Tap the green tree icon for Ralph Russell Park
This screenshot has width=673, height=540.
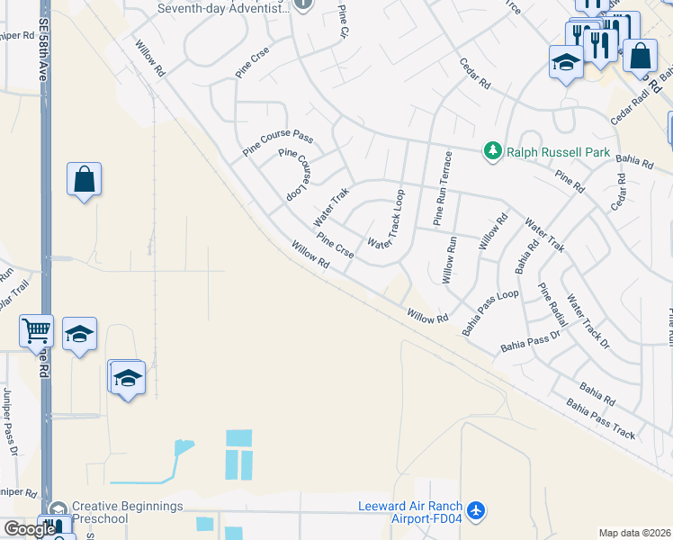[492, 151]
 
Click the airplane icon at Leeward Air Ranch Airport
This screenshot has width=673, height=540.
[476, 511]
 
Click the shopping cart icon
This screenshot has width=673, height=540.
[36, 330]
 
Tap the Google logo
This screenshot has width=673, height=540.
[30, 529]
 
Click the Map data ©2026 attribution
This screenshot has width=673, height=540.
[635, 533]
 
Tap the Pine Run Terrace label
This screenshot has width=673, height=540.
[440, 188]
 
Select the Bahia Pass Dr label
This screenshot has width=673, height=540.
[531, 342]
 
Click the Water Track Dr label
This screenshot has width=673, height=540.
[589, 320]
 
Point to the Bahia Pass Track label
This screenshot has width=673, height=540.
[599, 418]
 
